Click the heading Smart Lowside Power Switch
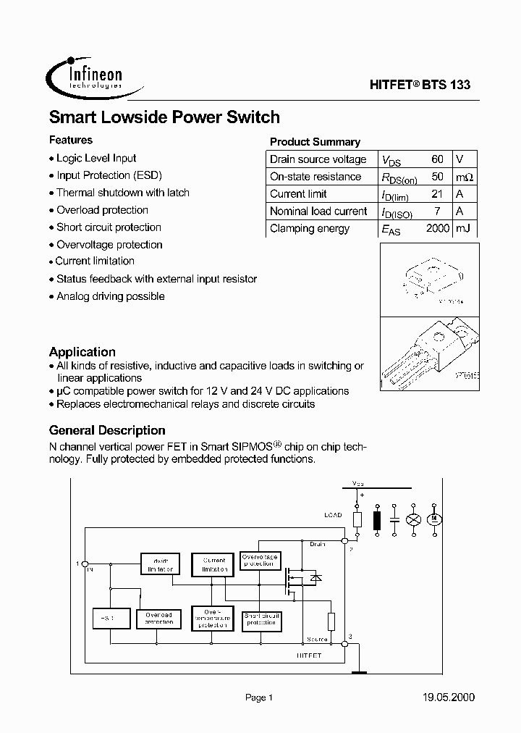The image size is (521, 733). (164, 117)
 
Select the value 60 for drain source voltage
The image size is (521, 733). (437, 159)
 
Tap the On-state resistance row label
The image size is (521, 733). (315, 177)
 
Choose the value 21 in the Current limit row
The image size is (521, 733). (437, 194)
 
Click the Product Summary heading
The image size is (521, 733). (315, 142)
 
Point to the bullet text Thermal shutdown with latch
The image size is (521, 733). (123, 193)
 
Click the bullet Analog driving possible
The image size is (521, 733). (111, 296)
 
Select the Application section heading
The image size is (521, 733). (82, 352)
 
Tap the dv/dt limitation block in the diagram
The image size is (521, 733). (160, 565)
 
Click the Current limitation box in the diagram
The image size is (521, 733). (213, 564)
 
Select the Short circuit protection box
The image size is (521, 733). (260, 619)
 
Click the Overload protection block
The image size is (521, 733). (158, 619)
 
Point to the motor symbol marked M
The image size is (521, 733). (435, 519)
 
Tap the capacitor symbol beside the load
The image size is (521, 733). (395, 519)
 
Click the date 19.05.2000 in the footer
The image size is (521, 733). (448, 698)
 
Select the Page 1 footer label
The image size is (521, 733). (258, 698)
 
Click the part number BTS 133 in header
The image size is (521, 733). (444, 85)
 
